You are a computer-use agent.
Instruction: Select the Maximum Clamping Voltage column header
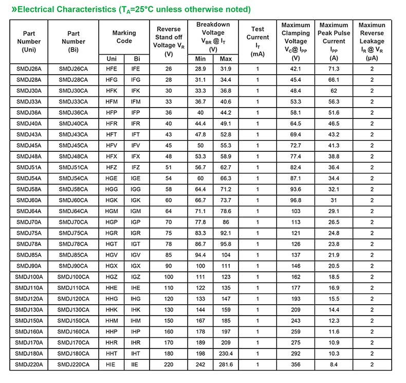296,41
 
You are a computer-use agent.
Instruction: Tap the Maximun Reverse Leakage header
372,41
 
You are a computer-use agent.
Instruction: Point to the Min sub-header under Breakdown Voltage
200,59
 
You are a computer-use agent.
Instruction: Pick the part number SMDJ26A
29,68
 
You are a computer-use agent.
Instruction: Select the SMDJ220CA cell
73,364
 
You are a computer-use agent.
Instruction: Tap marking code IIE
136,364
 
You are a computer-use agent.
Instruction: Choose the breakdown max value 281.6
226,364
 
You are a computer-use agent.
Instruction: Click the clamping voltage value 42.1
296,68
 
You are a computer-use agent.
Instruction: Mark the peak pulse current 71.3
334,68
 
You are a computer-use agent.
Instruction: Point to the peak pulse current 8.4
334,364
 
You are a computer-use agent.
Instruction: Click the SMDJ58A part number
29,189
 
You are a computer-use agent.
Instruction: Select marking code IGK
136,200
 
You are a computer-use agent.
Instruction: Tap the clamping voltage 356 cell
296,364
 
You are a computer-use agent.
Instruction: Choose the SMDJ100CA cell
73,277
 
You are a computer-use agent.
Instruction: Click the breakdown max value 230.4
226,354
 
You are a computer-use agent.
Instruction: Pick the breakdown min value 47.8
200,134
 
